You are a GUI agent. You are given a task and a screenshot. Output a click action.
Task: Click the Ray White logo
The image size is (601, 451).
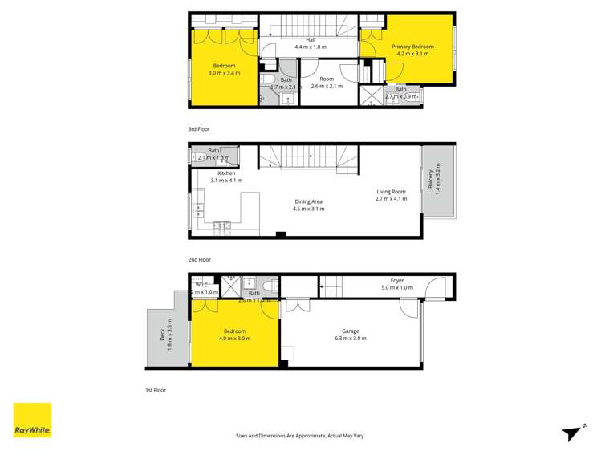[32, 421]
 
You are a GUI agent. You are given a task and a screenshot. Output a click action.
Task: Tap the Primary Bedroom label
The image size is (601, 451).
[412, 47]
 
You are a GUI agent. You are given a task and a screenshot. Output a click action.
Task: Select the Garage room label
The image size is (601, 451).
[350, 331]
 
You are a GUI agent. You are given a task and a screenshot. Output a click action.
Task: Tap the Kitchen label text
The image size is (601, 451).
[226, 173]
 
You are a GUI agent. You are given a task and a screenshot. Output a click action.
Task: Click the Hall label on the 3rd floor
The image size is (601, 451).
[310, 39]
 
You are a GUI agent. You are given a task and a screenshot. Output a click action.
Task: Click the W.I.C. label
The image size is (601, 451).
[203, 284]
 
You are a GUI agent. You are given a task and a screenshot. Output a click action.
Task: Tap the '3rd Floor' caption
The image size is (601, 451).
[199, 128]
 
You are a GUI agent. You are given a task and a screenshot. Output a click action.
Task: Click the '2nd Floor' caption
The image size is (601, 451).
[199, 259]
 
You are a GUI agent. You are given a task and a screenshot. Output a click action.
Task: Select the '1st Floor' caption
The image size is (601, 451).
[156, 389]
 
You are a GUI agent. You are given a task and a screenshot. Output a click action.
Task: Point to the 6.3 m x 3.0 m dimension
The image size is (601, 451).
[350, 338]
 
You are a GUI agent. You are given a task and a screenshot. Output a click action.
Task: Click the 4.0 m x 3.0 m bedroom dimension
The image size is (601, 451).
[234, 338]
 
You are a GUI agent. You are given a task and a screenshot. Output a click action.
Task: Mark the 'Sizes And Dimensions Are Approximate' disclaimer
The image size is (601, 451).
[300, 436]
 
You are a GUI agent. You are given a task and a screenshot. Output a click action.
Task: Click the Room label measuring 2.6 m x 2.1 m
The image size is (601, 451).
[326, 79]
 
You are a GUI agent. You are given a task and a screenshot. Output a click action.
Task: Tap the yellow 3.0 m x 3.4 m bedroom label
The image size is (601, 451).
[224, 65]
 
